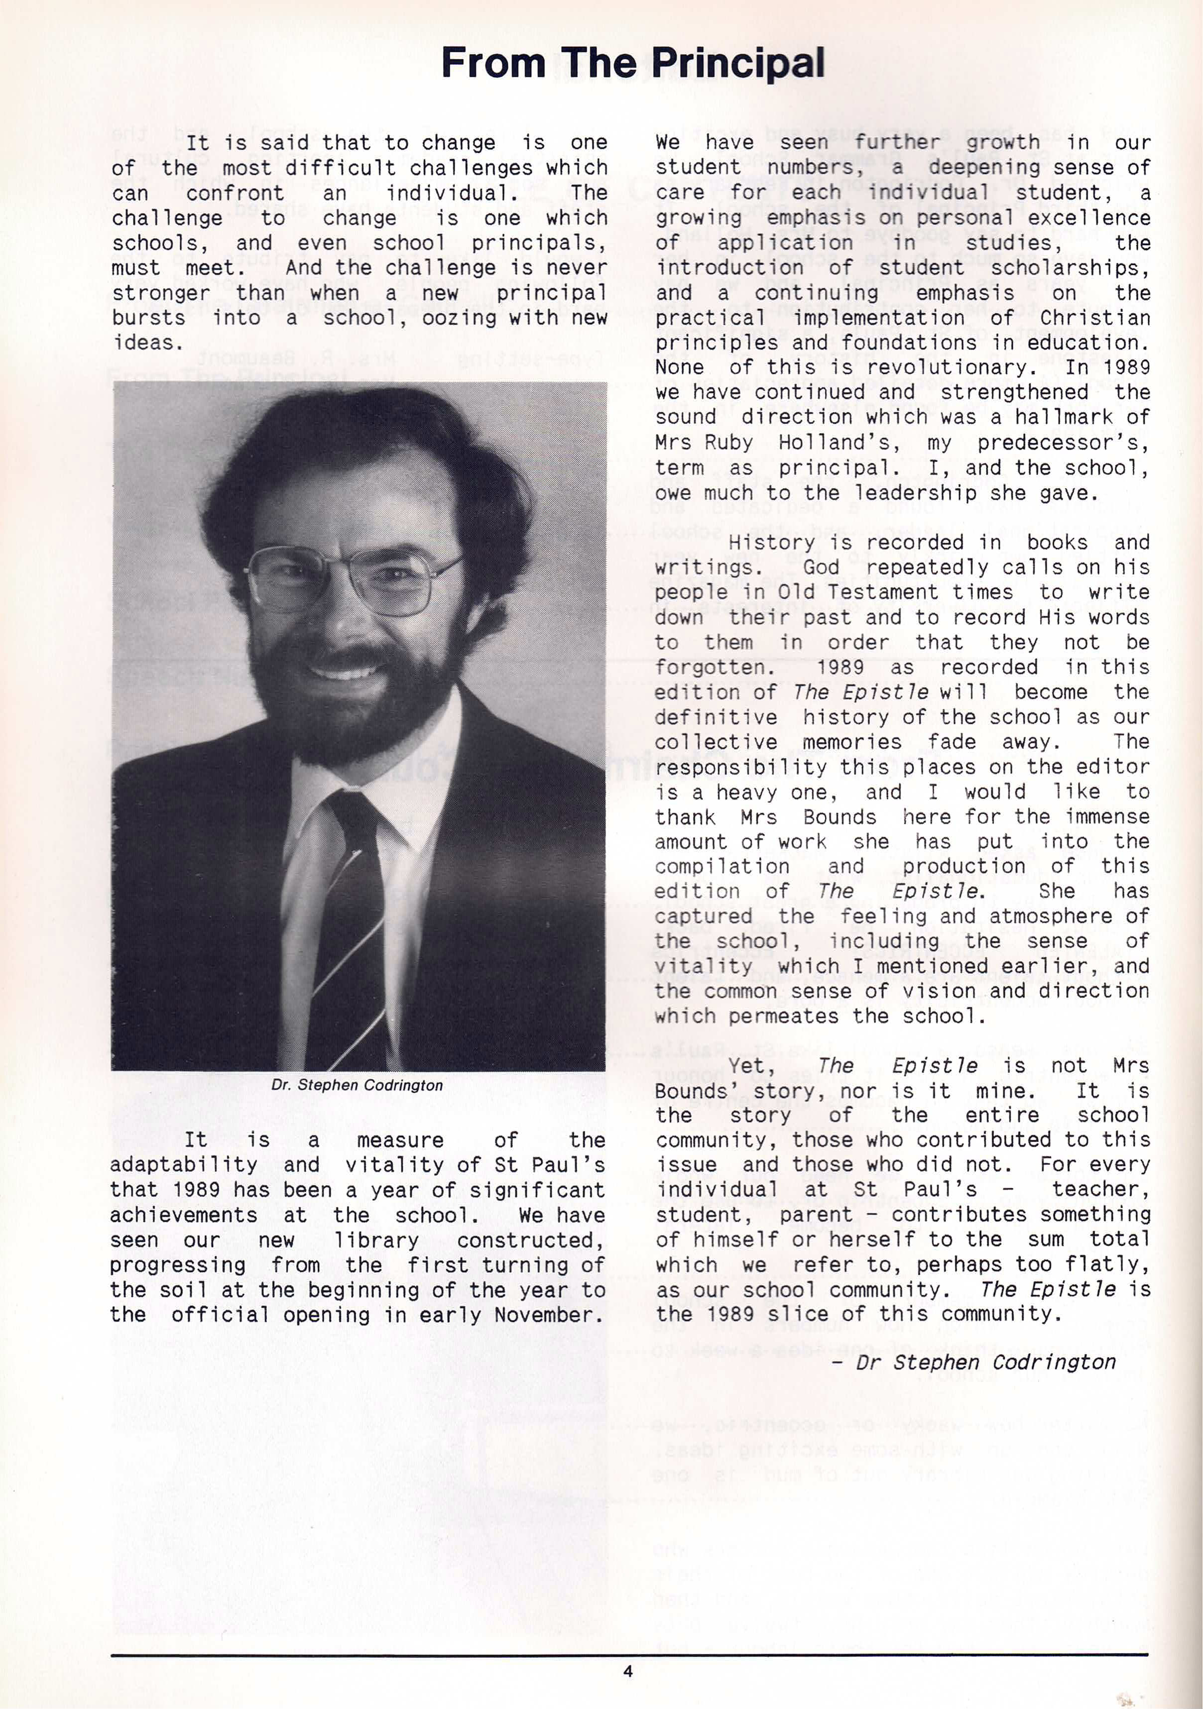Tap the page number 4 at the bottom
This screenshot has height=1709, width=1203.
[627, 1670]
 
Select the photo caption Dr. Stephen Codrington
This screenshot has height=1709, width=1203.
[358, 1085]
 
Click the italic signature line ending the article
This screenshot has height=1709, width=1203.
[975, 1362]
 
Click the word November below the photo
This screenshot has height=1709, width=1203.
[549, 1315]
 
